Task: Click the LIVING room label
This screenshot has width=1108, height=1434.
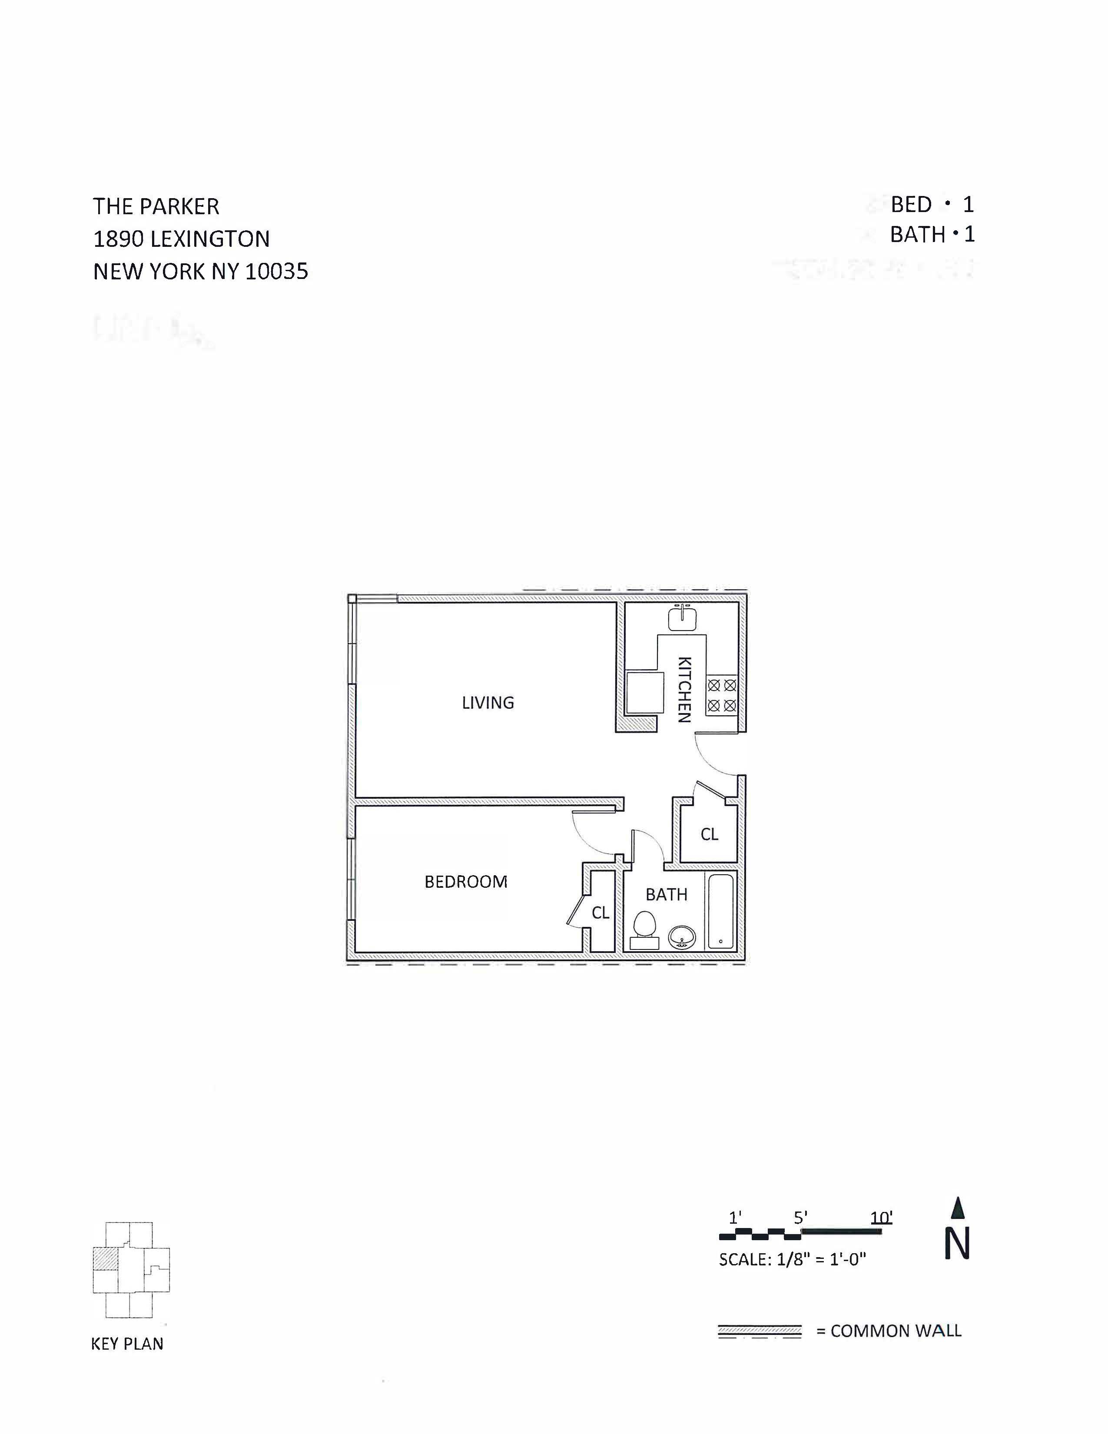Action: click(488, 703)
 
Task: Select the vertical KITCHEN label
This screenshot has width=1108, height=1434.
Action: click(684, 690)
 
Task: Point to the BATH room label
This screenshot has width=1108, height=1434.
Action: click(666, 894)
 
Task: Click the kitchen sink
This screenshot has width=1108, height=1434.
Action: click(683, 618)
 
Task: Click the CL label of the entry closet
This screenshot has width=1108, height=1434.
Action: click(709, 834)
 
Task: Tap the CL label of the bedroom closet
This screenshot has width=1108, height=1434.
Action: click(600, 913)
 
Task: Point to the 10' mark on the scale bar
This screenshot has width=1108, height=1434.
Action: click(881, 1218)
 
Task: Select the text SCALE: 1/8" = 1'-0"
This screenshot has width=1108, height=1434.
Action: click(792, 1259)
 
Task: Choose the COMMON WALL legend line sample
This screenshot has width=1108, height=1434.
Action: click(760, 1331)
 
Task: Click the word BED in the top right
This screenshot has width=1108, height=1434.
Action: click(910, 205)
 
